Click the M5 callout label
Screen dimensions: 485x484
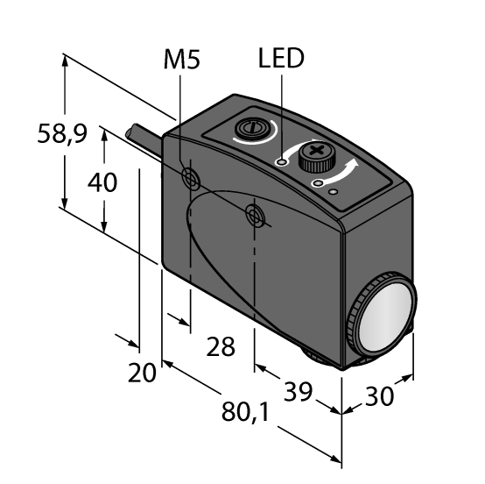182,60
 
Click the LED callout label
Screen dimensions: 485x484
281,58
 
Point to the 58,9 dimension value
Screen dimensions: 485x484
62,133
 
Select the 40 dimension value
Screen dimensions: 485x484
102,181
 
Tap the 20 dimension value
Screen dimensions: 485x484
142,373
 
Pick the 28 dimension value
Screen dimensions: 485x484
221,346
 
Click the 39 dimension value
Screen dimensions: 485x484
299,391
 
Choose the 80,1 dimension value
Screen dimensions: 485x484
245,412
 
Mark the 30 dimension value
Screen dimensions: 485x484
380,395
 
